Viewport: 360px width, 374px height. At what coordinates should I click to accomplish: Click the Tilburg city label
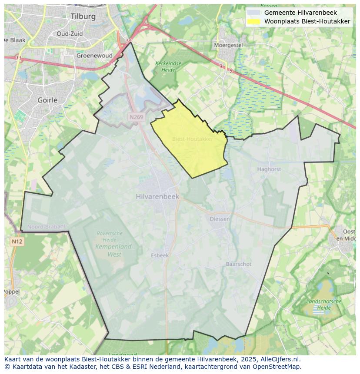point(83,17)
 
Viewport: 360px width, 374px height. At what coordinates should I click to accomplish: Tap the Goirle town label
point(47,100)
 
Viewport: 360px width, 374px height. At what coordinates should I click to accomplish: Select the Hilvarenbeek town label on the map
point(157,196)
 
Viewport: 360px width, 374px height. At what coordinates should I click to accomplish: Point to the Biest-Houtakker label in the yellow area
point(193,139)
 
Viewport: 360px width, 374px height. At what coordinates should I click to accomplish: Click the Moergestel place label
point(228,45)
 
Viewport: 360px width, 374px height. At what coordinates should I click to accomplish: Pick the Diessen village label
point(220,219)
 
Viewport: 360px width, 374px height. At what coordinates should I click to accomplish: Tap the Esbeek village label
point(160,255)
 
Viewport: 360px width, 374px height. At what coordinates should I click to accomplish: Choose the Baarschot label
point(238,264)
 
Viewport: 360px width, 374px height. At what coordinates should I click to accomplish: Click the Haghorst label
point(269,169)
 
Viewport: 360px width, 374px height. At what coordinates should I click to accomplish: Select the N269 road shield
point(136,117)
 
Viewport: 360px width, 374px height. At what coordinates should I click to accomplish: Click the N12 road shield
point(17,242)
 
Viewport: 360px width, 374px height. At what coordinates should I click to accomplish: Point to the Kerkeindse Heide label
point(168,66)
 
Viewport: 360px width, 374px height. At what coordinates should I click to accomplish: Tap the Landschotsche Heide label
point(324,304)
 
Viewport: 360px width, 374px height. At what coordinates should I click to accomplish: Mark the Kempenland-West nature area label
point(114,250)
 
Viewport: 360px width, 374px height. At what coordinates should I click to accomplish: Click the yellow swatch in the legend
point(254,21)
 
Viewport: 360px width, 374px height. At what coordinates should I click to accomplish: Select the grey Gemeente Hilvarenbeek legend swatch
point(254,13)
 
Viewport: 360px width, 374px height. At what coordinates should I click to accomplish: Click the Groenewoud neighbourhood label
point(94,56)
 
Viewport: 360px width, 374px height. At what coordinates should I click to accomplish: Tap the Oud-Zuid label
point(70,33)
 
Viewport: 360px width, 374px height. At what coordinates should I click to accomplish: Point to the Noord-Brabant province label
point(47,227)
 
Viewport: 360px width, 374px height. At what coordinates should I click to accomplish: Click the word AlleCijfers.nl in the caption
point(280,359)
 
